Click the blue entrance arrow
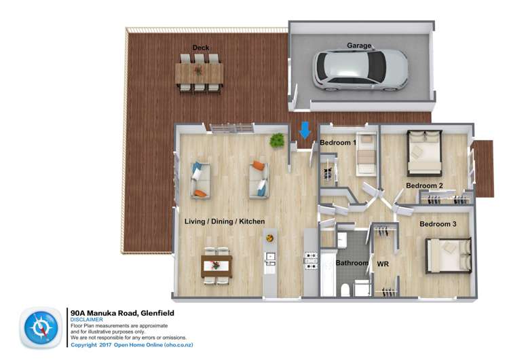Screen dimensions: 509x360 tap(305, 130)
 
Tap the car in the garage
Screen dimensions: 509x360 tap(360, 70)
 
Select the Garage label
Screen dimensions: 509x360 tap(359, 46)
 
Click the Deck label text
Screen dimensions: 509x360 tap(201, 48)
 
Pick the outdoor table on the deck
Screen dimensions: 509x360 tap(200, 73)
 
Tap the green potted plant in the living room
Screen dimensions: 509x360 tap(277, 141)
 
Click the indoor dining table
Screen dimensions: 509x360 tap(216, 266)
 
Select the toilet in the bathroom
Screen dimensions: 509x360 tap(345, 289)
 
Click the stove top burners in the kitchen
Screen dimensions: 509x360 tap(310, 262)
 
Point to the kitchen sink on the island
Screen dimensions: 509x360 tap(269, 259)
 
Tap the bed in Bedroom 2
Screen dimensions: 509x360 tap(425, 153)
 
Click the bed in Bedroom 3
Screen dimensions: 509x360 tap(449, 255)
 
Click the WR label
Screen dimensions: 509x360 tap(383, 264)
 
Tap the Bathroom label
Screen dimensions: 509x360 tap(352, 263)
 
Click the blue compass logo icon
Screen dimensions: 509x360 tap(41, 327)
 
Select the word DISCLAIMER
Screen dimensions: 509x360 tap(87, 319)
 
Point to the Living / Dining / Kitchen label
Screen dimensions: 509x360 tap(225, 221)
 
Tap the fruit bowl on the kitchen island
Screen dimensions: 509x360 tap(269, 238)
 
